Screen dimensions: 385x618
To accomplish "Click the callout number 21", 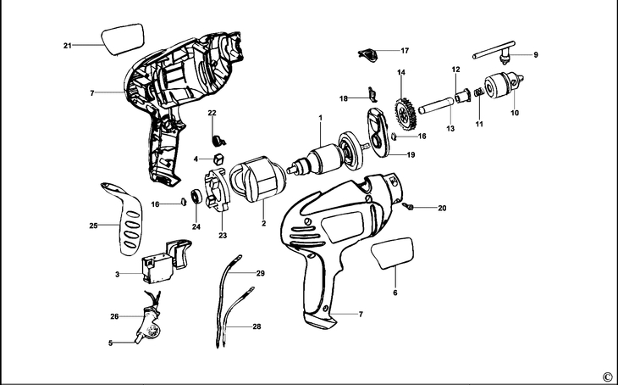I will click(67, 45).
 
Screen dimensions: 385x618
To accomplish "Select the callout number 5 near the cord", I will click(110, 343).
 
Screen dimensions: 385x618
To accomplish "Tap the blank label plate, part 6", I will click(395, 253).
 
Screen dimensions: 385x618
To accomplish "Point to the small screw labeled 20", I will click(409, 206).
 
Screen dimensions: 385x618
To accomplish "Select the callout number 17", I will click(405, 51).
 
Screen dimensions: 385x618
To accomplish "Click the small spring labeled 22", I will click(215, 134).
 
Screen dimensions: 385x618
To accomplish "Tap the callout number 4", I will click(196, 159).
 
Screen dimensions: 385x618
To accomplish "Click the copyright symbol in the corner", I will click(606, 376).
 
